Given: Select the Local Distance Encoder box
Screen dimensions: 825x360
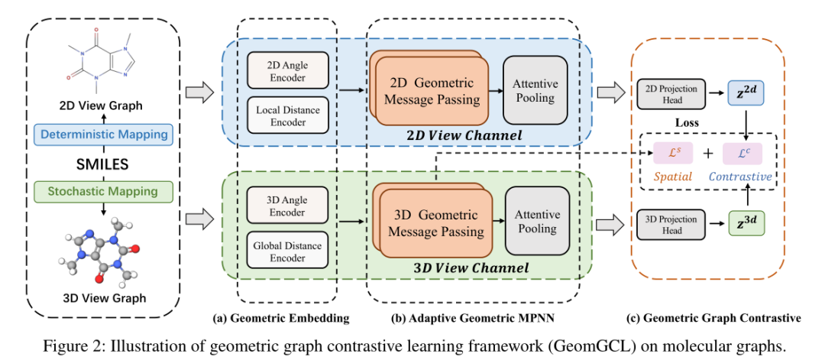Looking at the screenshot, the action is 287,115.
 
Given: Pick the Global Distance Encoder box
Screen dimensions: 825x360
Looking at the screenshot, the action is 287,251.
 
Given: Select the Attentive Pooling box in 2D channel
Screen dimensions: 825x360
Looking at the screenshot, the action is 535,90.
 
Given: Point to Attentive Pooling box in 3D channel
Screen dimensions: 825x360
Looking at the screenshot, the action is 538,221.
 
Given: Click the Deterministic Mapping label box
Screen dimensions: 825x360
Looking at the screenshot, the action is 103,135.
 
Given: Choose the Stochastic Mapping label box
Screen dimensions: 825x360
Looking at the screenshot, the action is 103,190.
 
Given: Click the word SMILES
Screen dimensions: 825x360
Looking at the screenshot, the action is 103,164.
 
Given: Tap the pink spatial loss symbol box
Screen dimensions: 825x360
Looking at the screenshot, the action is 673,153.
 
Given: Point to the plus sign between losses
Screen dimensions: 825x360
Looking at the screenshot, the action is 708,154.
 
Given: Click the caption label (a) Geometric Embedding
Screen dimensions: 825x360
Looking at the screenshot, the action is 281,318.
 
